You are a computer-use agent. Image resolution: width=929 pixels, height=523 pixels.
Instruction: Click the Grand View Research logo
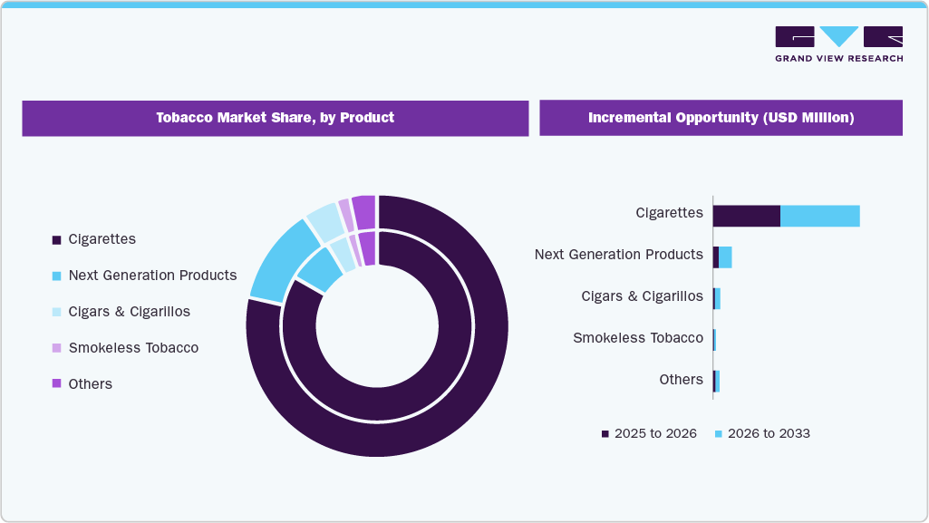pyautogui.click(x=838, y=44)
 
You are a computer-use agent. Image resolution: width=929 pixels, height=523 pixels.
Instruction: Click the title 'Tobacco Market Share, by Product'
pyautogui.click(x=275, y=118)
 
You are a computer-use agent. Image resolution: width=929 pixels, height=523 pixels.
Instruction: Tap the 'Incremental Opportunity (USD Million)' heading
pyautogui.click(x=721, y=118)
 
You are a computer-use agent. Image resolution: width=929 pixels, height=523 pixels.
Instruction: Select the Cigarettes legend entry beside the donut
pyautogui.click(x=102, y=239)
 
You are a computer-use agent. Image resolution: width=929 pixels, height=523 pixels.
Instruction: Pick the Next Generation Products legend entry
pyautogui.click(x=151, y=276)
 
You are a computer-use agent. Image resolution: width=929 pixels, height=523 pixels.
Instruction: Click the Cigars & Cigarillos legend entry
pyautogui.click(x=129, y=312)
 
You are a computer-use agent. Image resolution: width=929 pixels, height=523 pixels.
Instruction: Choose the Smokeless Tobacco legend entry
pyautogui.click(x=132, y=348)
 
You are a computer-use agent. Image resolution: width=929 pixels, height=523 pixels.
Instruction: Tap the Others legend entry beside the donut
pyautogui.click(x=90, y=384)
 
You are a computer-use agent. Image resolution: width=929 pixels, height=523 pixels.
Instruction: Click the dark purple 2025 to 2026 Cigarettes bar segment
pyautogui.click(x=746, y=216)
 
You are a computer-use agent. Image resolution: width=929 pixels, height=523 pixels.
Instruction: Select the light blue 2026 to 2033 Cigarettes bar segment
pyautogui.click(x=819, y=216)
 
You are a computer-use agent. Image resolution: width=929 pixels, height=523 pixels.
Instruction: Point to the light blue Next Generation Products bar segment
pyautogui.click(x=725, y=257)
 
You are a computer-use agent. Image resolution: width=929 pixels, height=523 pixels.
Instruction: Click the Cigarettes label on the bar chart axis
pyautogui.click(x=669, y=213)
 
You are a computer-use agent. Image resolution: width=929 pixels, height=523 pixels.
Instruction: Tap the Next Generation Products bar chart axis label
pyautogui.click(x=618, y=255)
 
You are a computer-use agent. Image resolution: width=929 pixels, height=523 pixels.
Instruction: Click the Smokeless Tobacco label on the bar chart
pyautogui.click(x=637, y=338)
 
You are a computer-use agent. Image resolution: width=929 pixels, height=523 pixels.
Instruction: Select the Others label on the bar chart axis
pyautogui.click(x=681, y=380)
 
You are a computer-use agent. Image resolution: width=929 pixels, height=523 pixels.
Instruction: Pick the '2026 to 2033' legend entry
pyautogui.click(x=767, y=434)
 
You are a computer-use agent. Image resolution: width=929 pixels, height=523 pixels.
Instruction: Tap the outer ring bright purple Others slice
pyautogui.click(x=363, y=212)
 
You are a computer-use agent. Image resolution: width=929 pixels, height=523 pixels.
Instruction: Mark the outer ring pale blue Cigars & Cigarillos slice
pyautogui.click(x=323, y=222)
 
